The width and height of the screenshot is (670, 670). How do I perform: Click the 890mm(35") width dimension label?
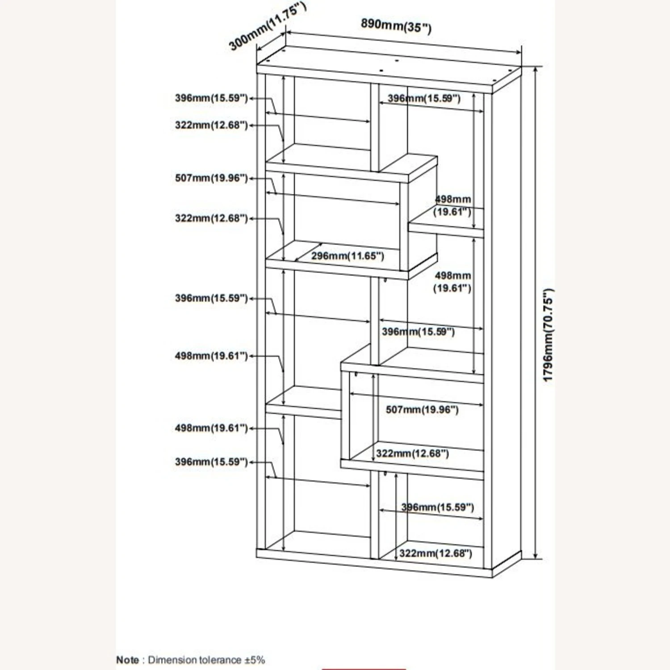(396, 25)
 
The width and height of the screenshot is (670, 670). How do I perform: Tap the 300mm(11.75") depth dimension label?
(267, 28)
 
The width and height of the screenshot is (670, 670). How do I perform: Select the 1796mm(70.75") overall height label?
(548, 335)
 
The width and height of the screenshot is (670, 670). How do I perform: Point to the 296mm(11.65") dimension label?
(348, 256)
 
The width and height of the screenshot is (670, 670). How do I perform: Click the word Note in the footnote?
(127, 660)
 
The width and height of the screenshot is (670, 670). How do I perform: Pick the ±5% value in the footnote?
(255, 660)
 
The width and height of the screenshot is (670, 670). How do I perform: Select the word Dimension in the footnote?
(172, 660)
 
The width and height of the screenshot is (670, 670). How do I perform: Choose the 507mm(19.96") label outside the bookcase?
(211, 178)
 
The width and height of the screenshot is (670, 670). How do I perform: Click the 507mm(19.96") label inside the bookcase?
(422, 410)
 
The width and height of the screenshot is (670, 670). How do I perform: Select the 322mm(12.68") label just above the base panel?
(435, 553)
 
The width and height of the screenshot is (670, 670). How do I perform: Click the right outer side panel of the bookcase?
(507, 322)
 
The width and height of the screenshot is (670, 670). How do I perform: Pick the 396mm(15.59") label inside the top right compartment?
(423, 98)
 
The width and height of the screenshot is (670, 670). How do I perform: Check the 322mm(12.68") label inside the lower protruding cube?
(412, 454)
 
